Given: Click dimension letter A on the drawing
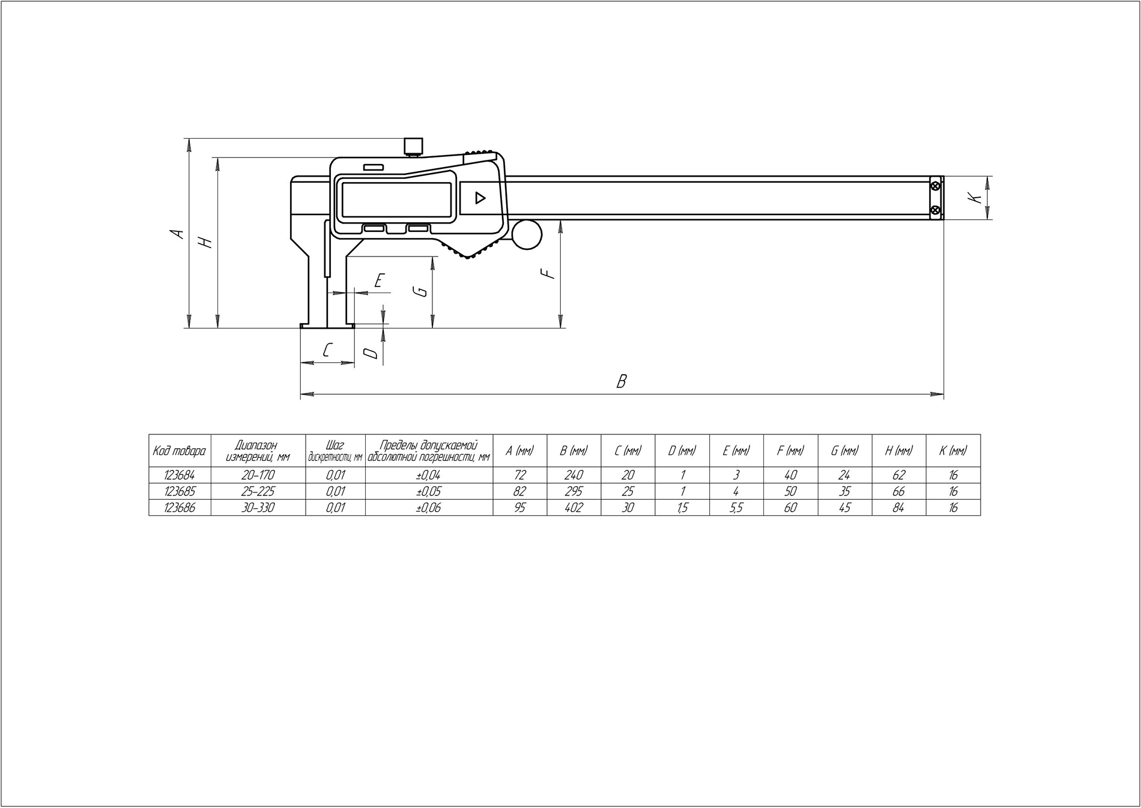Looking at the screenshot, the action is pos(178,233).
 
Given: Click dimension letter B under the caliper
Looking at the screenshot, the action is pos(622,381).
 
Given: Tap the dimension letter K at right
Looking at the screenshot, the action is pos(977,198).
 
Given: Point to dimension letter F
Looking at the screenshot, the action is pos(547,274).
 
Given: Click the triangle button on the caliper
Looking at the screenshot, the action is pos(479,198).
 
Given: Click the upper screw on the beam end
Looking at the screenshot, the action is pos(935,186).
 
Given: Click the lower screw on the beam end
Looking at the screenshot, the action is pos(935,210).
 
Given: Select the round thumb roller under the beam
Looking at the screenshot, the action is pos(527,234).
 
